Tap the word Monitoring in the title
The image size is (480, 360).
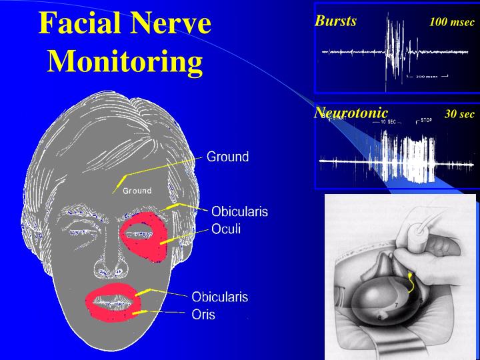pos(125,61)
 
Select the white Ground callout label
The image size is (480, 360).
pos(227,157)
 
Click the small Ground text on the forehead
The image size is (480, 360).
pos(137,191)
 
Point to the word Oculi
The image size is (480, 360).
pos(226,229)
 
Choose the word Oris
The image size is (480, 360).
pos(203,315)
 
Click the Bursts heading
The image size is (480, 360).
pos(335,21)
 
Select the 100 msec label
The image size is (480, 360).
pos(452,22)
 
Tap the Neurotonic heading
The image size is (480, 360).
pos(351,113)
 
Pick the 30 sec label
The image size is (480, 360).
pos(459,114)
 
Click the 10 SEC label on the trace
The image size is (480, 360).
pos(388,122)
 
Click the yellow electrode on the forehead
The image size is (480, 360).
pos(121,180)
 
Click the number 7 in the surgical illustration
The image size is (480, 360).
pos(396,304)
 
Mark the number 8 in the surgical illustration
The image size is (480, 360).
pos(379,318)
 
